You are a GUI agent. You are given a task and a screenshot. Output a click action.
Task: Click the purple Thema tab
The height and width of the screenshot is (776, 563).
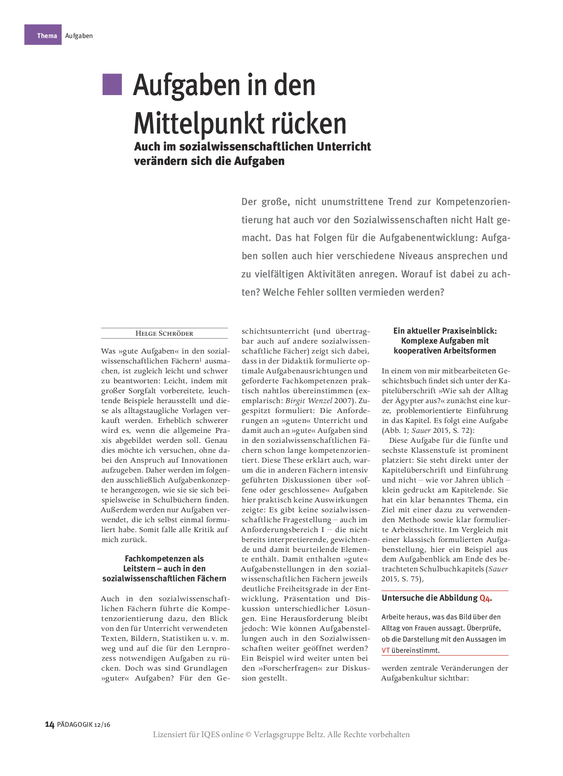(43, 35)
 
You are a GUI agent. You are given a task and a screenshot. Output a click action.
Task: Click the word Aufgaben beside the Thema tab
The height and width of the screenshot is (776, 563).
(79, 36)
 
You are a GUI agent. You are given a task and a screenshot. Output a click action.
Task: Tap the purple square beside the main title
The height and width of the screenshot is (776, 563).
(112, 85)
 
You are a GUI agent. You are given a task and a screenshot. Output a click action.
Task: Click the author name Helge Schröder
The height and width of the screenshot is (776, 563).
(164, 334)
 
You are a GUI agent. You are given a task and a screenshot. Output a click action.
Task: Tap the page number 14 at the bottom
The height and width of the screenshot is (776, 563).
(50, 724)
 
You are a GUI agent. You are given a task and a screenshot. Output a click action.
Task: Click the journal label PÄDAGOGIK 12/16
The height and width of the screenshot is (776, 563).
(83, 725)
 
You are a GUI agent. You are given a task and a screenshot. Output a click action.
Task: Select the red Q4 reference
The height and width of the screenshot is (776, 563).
(485, 598)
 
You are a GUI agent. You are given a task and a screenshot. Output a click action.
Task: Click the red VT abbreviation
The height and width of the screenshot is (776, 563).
(385, 650)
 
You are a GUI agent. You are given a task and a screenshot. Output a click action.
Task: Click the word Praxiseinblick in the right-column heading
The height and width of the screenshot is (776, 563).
(468, 331)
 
